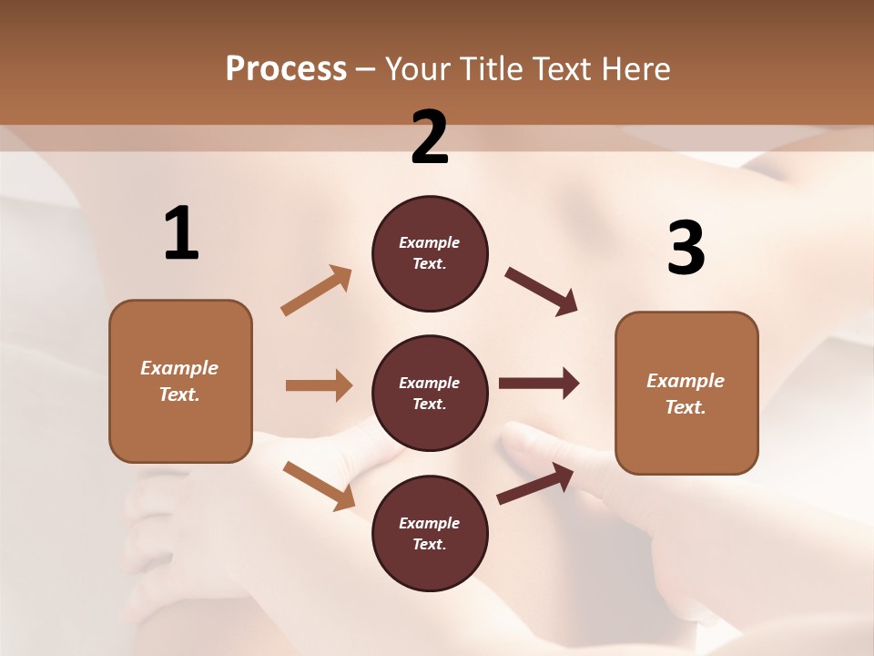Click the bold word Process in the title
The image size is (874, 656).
pos(286,68)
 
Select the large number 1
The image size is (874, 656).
pos(181,234)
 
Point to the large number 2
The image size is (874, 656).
pos(430,138)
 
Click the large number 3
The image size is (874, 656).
pos(686,248)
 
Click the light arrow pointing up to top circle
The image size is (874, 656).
pos(316,291)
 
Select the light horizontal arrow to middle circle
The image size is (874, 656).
pos(319,385)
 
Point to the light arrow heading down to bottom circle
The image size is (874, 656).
pos(319,486)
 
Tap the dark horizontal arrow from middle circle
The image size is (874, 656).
pos(539,384)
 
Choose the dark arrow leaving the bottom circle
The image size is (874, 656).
pos(535,484)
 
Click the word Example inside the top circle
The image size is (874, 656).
pos(430,242)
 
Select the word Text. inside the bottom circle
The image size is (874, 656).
pos(430,544)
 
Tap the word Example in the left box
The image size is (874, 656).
pos(179,368)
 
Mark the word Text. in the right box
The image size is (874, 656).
pos(686,407)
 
